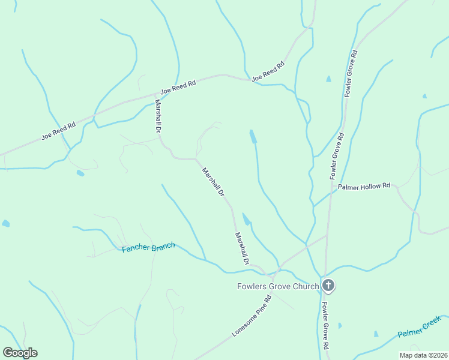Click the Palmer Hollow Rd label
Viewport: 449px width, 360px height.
point(364,187)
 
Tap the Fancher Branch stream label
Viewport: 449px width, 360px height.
point(148,247)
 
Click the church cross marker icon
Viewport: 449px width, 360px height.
point(328,286)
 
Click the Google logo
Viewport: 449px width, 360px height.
point(20,353)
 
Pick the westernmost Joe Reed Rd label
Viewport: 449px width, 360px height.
point(58,131)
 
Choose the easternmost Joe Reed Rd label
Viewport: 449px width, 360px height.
point(268,71)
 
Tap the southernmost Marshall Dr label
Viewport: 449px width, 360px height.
point(242,248)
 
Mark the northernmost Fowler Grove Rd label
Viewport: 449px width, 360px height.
point(351,73)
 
